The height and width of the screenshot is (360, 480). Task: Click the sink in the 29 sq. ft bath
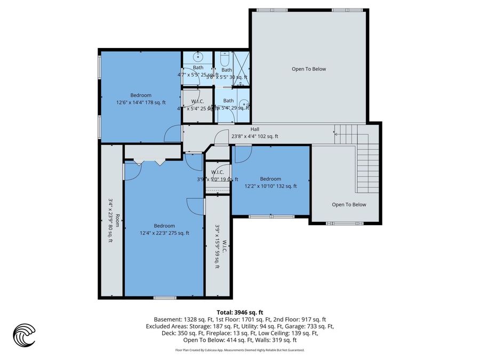(243, 105)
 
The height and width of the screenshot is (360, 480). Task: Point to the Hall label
(255, 129)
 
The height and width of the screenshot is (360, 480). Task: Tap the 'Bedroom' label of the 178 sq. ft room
(141, 95)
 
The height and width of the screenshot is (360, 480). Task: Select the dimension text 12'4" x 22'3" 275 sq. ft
(164, 233)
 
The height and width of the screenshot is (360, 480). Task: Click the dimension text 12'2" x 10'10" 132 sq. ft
(270, 186)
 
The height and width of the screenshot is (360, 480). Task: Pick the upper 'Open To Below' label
(308, 69)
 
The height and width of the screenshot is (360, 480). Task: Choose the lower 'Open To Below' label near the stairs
(349, 204)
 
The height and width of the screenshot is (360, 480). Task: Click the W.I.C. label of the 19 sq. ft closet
(217, 172)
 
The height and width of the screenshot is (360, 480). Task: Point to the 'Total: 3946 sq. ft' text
(239, 313)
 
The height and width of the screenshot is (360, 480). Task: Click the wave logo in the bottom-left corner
(24, 335)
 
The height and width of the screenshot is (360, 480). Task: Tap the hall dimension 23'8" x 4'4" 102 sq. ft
(254, 137)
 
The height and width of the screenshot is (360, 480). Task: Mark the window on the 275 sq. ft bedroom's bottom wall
(162, 297)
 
